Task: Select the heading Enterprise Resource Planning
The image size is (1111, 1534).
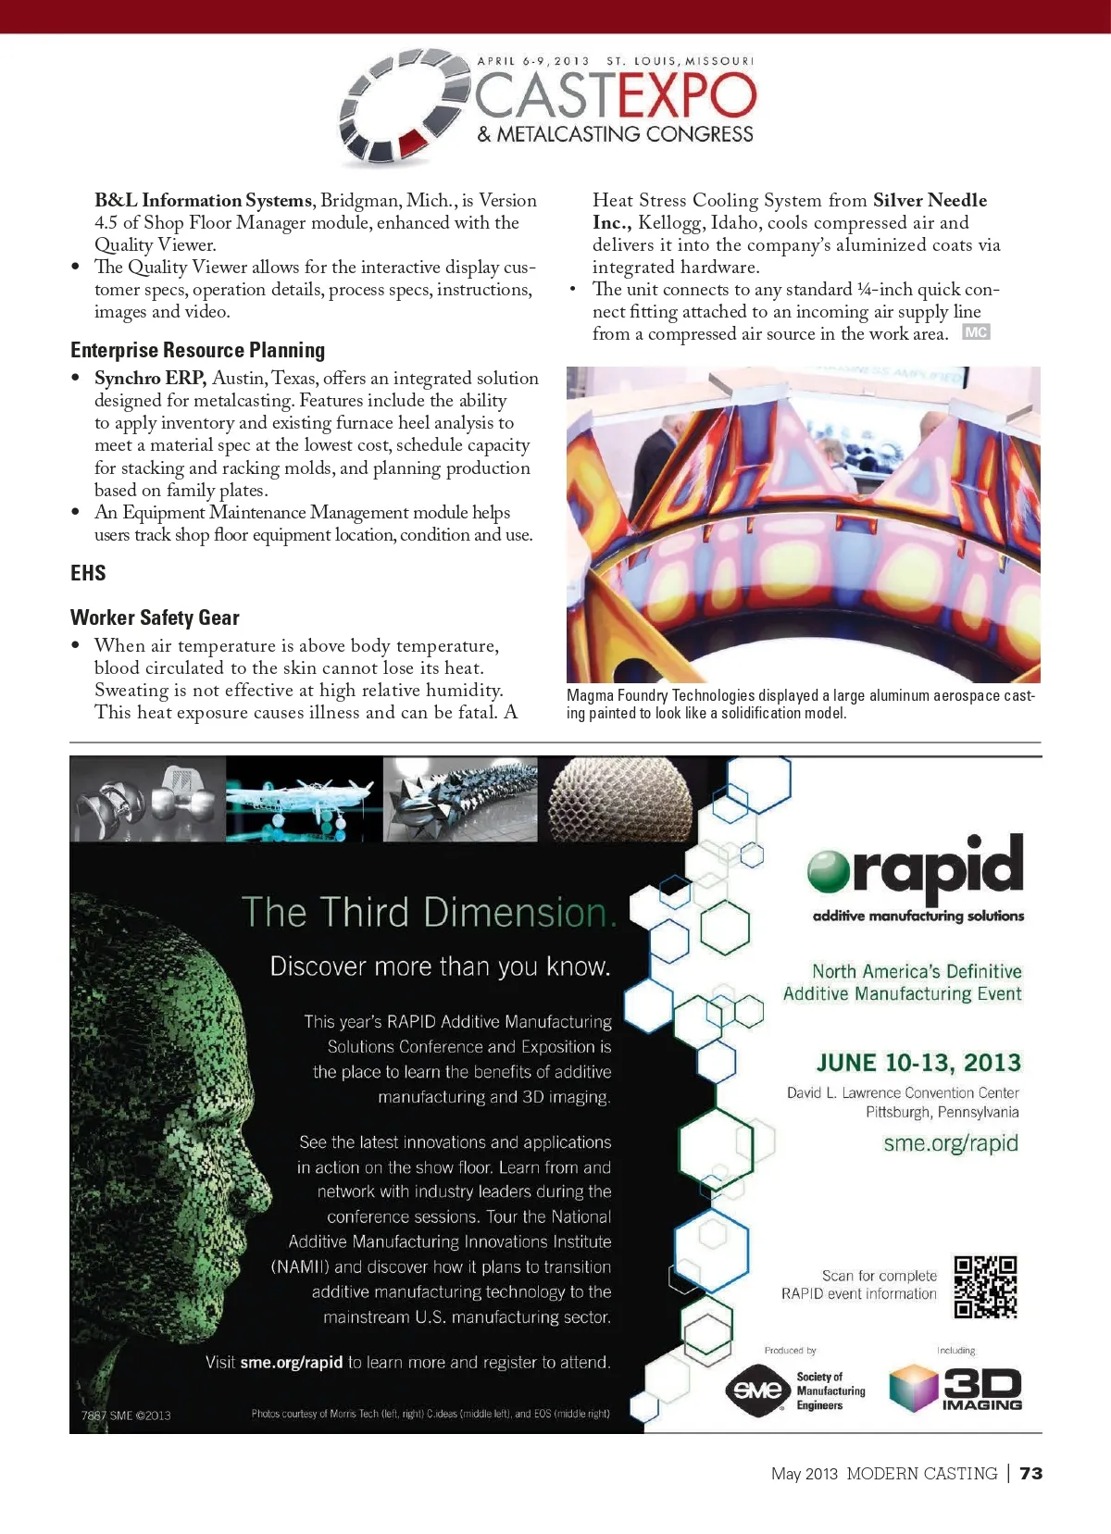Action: click(x=197, y=350)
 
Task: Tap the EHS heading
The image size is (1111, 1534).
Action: click(x=88, y=573)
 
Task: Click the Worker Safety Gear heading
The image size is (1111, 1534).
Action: click(x=155, y=617)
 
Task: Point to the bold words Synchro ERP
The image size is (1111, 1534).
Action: click(x=149, y=378)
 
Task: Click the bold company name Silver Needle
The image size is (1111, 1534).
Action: click(x=930, y=200)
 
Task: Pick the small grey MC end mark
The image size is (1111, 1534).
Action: click(x=976, y=332)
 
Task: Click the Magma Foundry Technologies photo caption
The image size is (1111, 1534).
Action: click(x=801, y=704)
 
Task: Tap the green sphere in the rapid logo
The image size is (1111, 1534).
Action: click(x=828, y=870)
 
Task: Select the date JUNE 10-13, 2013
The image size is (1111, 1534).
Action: click(x=918, y=1063)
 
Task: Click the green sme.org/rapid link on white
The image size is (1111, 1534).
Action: click(x=950, y=1143)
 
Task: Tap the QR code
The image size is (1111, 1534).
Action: click(x=985, y=1287)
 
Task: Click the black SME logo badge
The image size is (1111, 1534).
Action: click(x=756, y=1391)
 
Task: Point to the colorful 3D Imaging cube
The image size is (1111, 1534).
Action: click(x=913, y=1389)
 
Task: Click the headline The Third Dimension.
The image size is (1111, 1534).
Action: click(x=428, y=913)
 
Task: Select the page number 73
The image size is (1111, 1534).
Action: click(x=1030, y=1473)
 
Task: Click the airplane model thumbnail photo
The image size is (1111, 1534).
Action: click(x=304, y=799)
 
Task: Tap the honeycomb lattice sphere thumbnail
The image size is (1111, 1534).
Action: click(x=618, y=799)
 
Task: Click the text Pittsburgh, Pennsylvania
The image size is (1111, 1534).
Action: click(x=942, y=1112)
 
